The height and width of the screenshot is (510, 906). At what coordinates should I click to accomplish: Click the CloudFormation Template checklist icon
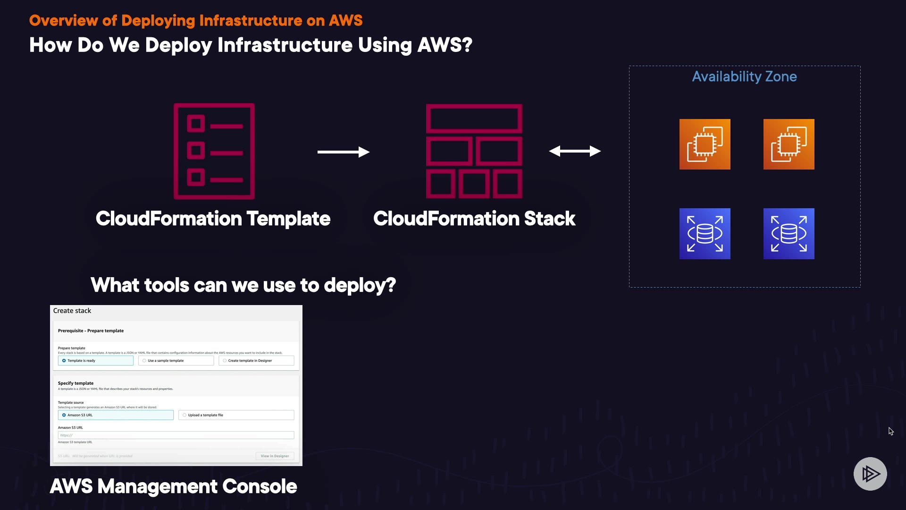click(214, 151)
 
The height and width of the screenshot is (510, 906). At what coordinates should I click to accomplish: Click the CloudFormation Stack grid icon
click(474, 151)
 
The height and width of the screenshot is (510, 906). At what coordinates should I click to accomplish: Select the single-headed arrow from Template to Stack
click(343, 152)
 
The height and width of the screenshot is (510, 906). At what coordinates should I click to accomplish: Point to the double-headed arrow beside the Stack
click(574, 151)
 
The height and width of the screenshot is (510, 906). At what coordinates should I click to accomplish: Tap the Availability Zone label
click(744, 76)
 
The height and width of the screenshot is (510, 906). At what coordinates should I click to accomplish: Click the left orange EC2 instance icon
click(705, 144)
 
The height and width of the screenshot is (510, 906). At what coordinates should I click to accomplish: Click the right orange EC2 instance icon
click(789, 144)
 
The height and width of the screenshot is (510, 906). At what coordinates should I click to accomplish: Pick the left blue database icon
click(705, 233)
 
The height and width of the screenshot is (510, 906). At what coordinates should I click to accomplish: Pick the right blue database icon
click(789, 233)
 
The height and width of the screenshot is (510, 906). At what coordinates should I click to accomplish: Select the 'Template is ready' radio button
click(64, 361)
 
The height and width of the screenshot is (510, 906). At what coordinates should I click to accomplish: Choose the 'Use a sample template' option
click(144, 361)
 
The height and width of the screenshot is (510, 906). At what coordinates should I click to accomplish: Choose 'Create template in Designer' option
click(225, 361)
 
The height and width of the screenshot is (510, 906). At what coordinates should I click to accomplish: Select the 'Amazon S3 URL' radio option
click(64, 415)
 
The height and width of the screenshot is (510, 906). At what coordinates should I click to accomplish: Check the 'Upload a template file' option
click(185, 415)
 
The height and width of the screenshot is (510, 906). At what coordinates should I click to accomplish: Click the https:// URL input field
click(176, 435)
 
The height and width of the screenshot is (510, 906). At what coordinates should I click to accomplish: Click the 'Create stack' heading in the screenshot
click(72, 311)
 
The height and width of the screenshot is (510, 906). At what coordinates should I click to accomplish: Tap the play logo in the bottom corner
click(870, 474)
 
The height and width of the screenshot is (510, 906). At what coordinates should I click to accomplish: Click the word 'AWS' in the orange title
click(345, 21)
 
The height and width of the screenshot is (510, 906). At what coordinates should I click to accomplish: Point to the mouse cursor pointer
click(890, 431)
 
